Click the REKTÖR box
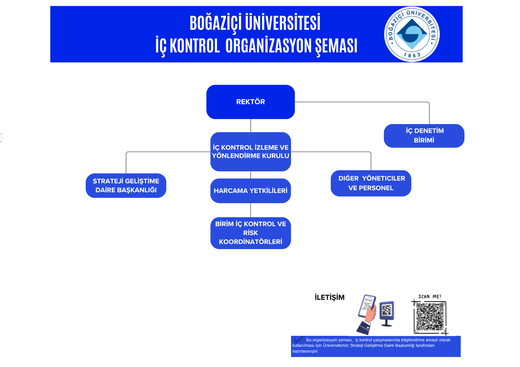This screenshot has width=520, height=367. (x=251, y=102)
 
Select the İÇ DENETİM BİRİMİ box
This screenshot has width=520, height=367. (x=424, y=136)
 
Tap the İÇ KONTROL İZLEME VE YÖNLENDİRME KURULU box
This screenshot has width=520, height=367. (x=251, y=151)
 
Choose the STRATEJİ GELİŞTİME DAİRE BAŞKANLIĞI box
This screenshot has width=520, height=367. (x=126, y=185)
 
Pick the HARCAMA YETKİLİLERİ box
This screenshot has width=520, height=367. (x=251, y=191)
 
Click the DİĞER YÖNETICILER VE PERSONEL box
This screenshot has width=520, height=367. (x=371, y=183)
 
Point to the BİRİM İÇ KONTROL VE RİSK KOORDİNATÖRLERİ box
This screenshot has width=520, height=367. (x=251, y=233)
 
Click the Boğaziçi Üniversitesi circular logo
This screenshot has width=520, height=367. (x=412, y=34)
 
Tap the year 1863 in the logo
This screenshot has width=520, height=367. (x=412, y=55)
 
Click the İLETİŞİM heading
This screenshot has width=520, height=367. (x=329, y=297)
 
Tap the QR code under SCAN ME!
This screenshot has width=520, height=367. (x=430, y=317)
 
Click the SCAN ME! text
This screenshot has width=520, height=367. (x=430, y=297)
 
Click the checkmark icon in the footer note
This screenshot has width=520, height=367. (x=298, y=340)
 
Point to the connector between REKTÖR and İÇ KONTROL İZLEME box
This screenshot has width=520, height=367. (x=251, y=125)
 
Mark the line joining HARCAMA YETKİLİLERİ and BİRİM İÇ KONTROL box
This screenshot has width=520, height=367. (x=251, y=210)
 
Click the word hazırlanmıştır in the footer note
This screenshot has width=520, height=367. (x=305, y=351)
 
